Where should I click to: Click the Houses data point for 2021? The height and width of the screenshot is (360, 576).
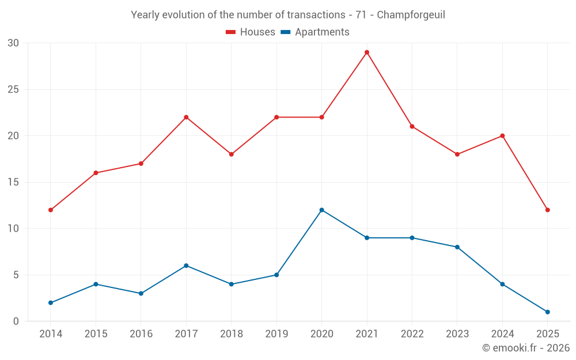pos(367,52)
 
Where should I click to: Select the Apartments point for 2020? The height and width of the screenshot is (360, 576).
pos(321,210)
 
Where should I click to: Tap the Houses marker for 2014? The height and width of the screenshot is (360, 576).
pos(51,210)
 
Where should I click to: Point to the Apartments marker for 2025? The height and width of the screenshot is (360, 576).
pos(547,312)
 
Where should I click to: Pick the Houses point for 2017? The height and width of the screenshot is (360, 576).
pos(186,117)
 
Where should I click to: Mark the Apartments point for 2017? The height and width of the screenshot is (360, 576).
pos(186,266)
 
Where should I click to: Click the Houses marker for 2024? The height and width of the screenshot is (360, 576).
pos(502,136)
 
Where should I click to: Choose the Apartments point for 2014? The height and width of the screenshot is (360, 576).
pos(51,302)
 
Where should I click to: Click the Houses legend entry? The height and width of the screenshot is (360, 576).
pos(251,32)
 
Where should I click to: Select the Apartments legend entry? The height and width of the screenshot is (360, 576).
pos(315,32)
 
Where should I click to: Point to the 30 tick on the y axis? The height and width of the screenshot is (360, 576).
pos(13,43)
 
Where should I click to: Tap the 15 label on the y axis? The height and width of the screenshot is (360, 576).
pos(13,182)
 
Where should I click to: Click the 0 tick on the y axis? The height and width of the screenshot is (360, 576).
pos(16,321)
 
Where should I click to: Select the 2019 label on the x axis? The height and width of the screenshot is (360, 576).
pos(276,334)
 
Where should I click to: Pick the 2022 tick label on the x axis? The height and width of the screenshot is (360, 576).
pos(412,334)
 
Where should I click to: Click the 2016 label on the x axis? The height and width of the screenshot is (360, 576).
pos(141,334)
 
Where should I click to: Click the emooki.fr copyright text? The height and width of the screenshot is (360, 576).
pos(526,348)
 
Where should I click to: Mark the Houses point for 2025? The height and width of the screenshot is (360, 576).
pos(547,210)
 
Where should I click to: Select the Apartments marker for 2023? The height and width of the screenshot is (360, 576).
pos(457,247)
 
